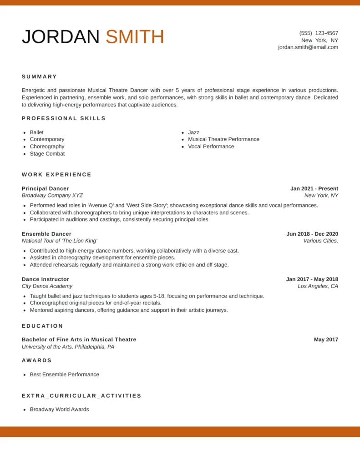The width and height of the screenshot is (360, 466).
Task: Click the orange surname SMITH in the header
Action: (x=135, y=37)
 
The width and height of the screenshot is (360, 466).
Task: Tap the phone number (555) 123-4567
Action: (x=319, y=33)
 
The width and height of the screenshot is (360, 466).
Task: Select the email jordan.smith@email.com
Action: (x=308, y=47)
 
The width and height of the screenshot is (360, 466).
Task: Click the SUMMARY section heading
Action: (x=40, y=77)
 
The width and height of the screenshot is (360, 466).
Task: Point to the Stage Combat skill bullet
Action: (x=47, y=154)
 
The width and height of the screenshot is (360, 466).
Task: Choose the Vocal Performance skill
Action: (x=211, y=147)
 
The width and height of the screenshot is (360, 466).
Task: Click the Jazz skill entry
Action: (x=193, y=132)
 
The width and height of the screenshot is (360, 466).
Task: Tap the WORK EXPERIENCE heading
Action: (x=57, y=175)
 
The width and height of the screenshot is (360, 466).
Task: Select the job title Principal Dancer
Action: (x=46, y=188)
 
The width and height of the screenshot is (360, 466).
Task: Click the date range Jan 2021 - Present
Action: (x=314, y=188)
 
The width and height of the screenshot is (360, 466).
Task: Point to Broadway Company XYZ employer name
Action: (x=52, y=196)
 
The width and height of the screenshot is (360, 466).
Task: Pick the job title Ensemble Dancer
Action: (x=46, y=234)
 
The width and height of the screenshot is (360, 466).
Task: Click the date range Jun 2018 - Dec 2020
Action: (x=312, y=234)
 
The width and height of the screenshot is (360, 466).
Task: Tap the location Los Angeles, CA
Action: (x=318, y=286)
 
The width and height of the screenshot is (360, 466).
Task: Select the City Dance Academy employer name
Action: (x=47, y=286)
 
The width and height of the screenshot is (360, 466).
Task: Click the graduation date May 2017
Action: (x=326, y=339)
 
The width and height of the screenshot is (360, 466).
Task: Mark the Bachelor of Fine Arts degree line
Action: (x=79, y=339)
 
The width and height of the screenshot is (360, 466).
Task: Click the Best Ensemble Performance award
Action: (x=64, y=375)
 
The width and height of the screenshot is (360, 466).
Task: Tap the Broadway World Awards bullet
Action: (x=59, y=410)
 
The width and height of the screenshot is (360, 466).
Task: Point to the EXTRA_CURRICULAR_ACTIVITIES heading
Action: (x=81, y=396)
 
